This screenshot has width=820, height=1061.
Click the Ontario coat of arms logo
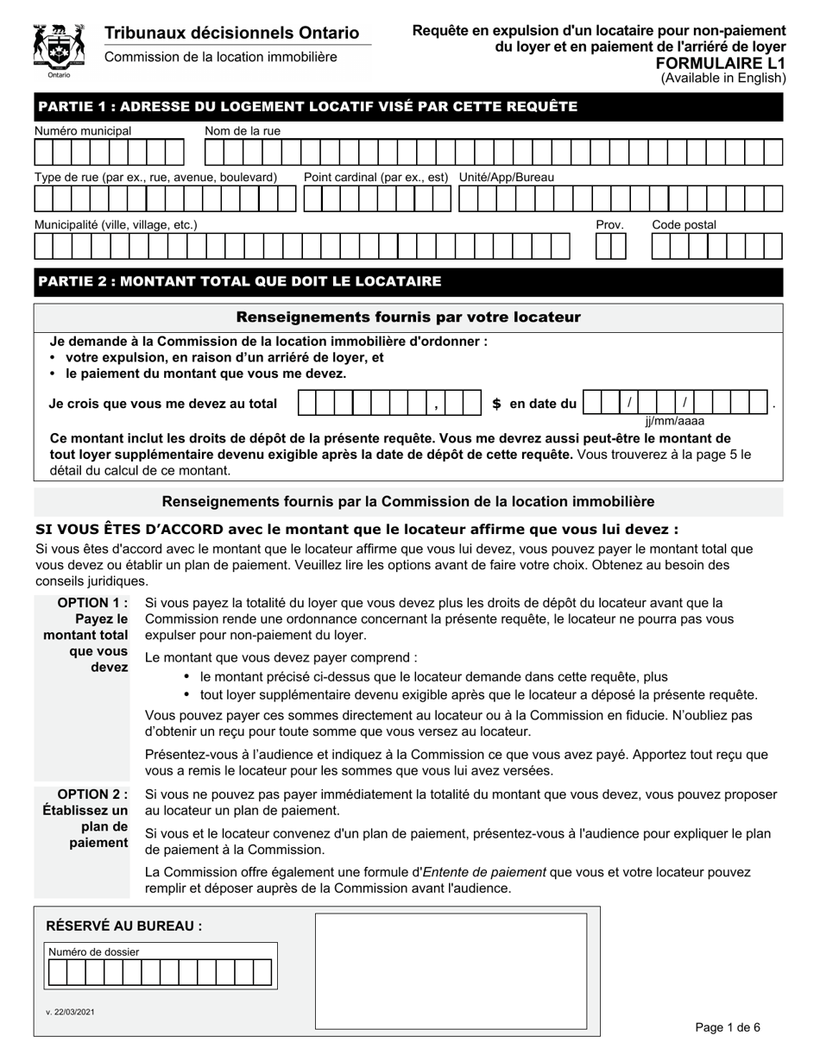(x=59, y=49)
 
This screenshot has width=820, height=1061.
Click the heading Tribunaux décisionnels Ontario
(x=231, y=33)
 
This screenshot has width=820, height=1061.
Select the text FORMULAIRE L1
(x=731, y=63)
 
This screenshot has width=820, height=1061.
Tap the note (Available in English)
(x=723, y=78)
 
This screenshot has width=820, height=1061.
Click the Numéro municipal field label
(x=83, y=130)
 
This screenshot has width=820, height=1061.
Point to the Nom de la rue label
(x=243, y=130)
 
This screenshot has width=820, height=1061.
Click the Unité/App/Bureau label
(x=507, y=177)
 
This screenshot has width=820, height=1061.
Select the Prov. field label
(x=609, y=224)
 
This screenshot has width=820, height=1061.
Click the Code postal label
(x=684, y=224)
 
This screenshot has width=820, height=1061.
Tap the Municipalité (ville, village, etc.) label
(x=116, y=224)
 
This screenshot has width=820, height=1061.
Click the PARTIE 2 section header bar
(x=408, y=281)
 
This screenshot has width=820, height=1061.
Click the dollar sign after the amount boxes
(x=496, y=404)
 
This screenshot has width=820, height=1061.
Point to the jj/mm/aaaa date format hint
(x=674, y=421)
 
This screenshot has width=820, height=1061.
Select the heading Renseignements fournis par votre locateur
(x=408, y=317)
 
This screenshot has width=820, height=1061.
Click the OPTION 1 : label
(x=92, y=602)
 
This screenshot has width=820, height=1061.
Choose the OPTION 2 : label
(x=92, y=794)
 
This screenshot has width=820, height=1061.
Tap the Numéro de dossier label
(x=94, y=951)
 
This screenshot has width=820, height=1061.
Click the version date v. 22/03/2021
(x=70, y=1011)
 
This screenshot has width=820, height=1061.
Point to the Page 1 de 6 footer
(x=728, y=1026)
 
